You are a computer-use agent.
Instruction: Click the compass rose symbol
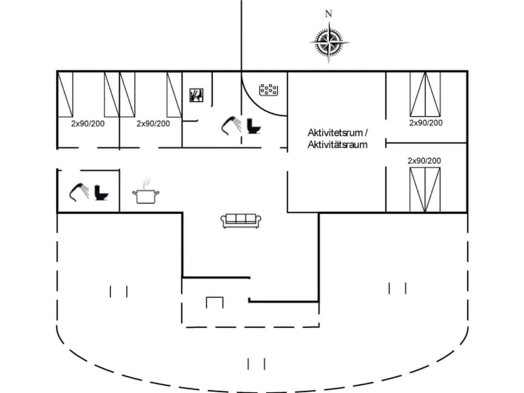point(329,41)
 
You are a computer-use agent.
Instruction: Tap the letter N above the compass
point(329,14)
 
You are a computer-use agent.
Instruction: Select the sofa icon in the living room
point(241,220)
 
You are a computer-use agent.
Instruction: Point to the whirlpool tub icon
point(269,90)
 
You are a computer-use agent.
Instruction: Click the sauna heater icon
point(196,95)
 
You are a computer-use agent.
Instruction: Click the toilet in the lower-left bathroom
point(102,192)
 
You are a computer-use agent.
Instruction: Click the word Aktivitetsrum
point(335,133)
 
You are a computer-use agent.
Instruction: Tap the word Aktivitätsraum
point(337,145)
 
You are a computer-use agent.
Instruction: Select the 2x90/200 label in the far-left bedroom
point(88,123)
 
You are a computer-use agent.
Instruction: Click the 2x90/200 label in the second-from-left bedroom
point(153,123)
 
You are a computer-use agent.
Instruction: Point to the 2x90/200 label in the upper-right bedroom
point(426,123)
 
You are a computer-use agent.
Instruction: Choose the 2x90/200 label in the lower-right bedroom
point(424,160)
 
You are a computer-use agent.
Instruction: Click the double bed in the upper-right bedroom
point(425,94)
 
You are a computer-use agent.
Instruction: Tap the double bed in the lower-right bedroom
point(425,189)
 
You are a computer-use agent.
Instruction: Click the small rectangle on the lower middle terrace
point(215,302)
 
